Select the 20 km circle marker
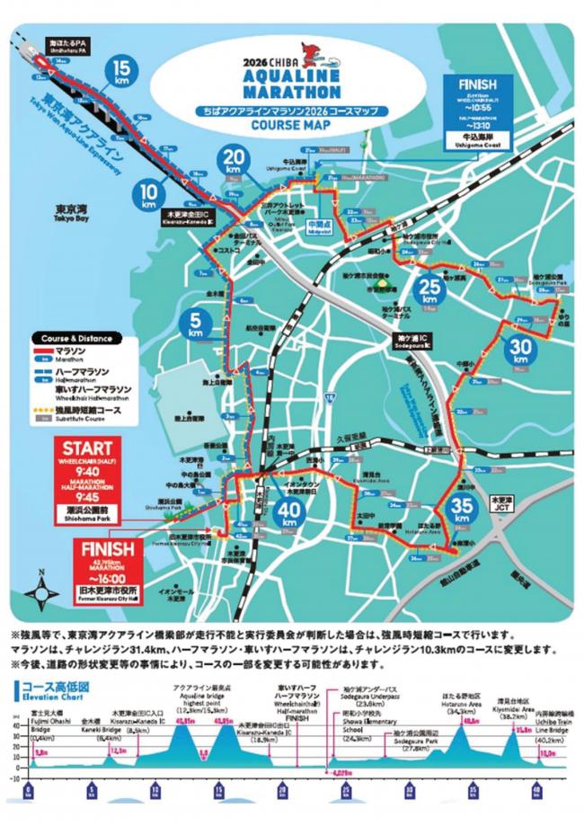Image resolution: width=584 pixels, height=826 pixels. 232,161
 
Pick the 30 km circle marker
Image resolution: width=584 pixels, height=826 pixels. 518,350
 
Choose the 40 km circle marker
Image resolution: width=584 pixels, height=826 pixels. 289,516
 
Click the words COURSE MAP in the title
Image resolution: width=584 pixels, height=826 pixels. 294,126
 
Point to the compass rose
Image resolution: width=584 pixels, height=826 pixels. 42,595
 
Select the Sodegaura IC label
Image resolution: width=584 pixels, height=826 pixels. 413,340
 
